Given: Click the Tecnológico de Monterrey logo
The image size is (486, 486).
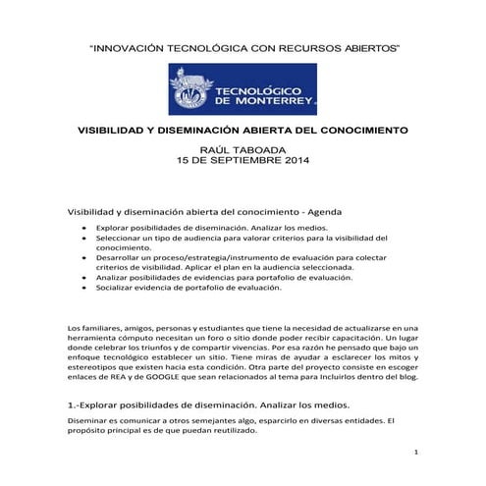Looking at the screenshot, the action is tap(243, 89).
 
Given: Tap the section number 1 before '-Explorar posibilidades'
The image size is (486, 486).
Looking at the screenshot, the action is tap(71, 404).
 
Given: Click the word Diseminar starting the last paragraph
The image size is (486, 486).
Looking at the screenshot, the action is tap(88, 421).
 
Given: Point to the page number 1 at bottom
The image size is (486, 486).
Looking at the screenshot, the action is tap(416, 454).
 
